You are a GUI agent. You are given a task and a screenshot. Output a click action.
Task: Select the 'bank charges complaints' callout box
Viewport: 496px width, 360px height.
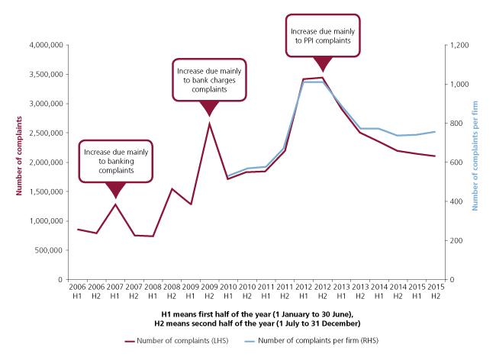(x=208, y=79)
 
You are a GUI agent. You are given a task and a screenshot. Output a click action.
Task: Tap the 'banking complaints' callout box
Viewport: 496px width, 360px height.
(x=115, y=161)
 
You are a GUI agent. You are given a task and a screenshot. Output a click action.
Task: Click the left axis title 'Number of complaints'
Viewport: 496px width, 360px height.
(x=13, y=162)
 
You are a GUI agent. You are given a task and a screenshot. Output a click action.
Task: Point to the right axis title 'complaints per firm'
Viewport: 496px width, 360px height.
(x=475, y=162)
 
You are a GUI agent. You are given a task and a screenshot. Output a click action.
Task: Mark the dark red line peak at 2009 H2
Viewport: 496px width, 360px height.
(x=209, y=123)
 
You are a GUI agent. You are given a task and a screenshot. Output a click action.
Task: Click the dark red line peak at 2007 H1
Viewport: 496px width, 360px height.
(x=115, y=204)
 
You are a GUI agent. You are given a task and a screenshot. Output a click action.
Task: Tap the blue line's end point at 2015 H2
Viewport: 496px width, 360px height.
(x=435, y=131)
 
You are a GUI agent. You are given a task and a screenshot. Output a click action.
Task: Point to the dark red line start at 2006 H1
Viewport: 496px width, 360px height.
(x=78, y=229)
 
